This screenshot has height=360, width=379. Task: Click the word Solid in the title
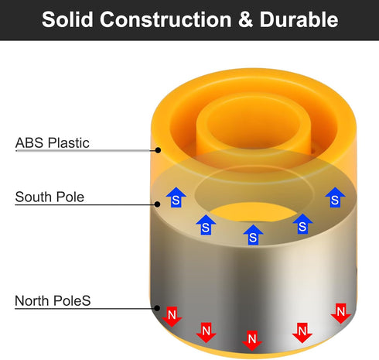pyautogui.click(x=67, y=19)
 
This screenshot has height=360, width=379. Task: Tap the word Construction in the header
pyautogui.click(x=166, y=19)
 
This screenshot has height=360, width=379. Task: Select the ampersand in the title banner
pyautogui.click(x=245, y=19)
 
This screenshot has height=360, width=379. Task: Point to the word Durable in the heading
pyautogui.click(x=299, y=19)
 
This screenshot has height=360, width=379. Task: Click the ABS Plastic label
pyautogui.click(x=53, y=142)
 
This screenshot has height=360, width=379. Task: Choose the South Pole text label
pyautogui.click(x=50, y=197)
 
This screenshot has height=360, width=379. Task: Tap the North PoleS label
pyautogui.click(x=53, y=300)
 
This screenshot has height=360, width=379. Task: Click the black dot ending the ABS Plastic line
pyautogui.click(x=158, y=150)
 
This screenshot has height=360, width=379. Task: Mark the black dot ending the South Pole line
pyautogui.click(x=157, y=204)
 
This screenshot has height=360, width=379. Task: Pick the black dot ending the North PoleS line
pyautogui.click(x=157, y=308)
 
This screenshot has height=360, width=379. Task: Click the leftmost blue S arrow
pyautogui.click(x=176, y=197)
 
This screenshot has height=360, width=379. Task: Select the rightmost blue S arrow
pyautogui.click(x=335, y=197)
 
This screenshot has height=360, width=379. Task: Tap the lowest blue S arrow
pyautogui.click(x=253, y=235)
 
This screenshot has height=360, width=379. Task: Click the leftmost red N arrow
pyautogui.click(x=172, y=317)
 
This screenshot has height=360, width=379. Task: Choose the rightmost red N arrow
pyautogui.click(x=341, y=314)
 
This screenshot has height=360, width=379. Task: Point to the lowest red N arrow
pyautogui.click(x=252, y=341)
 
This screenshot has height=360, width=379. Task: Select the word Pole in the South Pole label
pyautogui.click(x=70, y=197)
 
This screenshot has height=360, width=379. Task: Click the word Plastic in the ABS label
pyautogui.click(x=69, y=142)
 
